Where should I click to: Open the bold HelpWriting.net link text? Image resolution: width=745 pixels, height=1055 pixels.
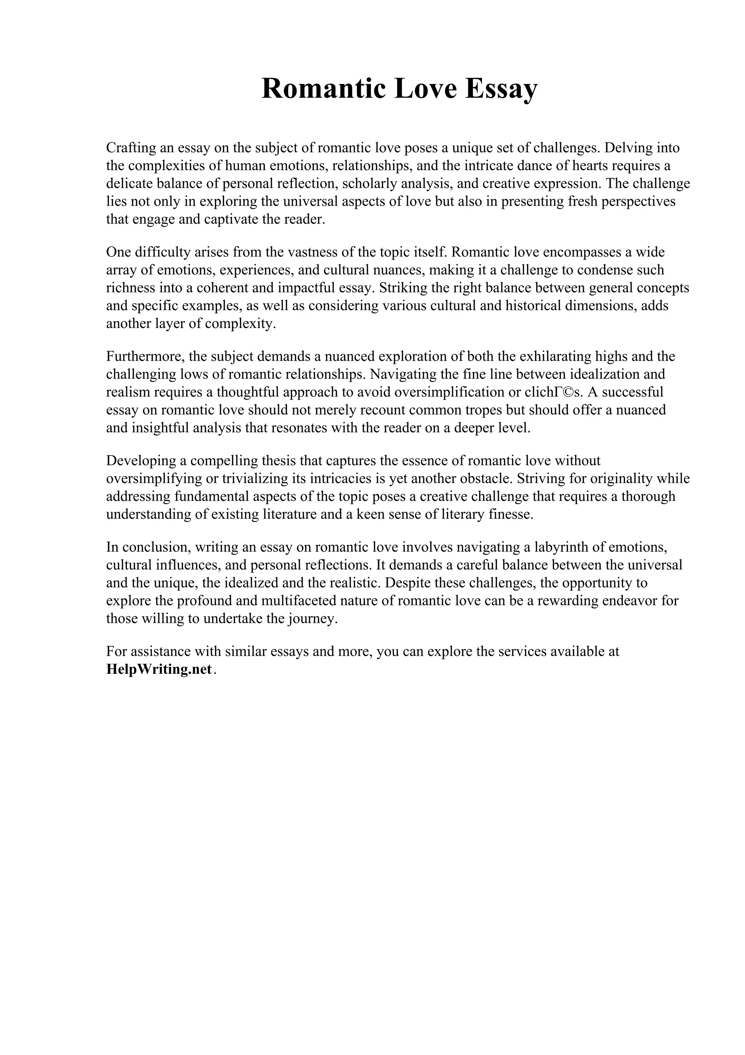(159, 669)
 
